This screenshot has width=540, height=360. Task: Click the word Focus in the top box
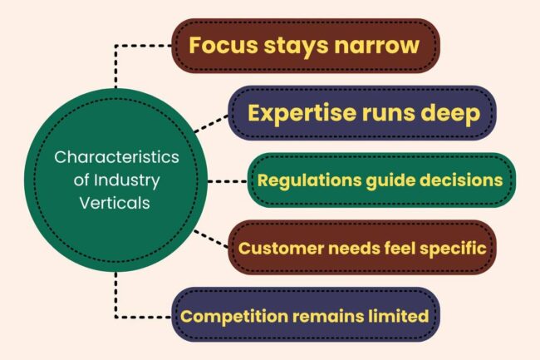(220, 45)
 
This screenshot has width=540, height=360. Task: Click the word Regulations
(302, 180)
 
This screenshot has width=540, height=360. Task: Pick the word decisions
(456, 180)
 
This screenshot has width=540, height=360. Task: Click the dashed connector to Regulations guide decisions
(227, 180)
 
